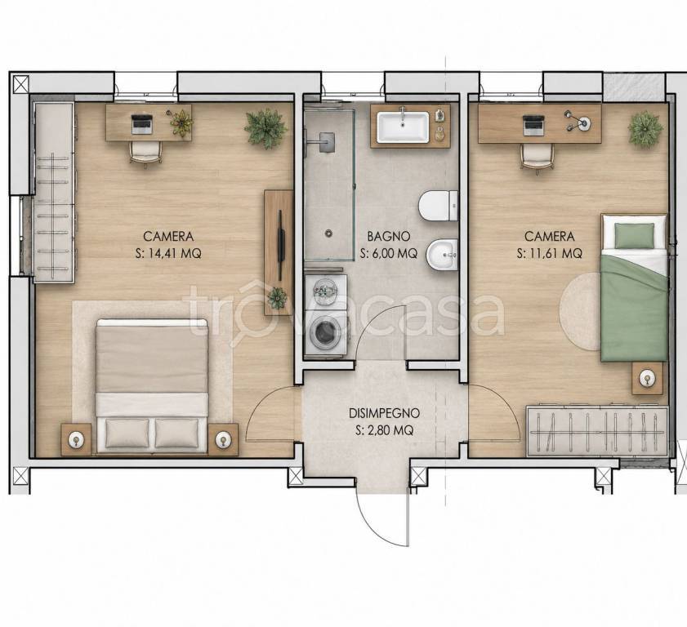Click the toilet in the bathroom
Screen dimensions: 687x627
point(439,206)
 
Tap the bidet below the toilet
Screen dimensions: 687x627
point(442,254)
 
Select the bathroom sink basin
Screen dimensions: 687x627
point(403,127)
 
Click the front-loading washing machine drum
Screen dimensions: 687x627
point(323,331)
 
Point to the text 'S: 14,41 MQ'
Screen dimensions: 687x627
point(168,254)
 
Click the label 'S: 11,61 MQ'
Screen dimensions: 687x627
point(550,254)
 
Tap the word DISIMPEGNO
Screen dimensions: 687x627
point(384,413)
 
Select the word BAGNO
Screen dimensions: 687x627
point(389,237)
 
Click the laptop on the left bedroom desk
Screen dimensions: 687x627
point(142,124)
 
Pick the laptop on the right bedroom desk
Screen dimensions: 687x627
point(533,125)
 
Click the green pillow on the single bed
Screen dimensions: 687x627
point(634,235)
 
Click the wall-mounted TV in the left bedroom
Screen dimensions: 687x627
point(280,245)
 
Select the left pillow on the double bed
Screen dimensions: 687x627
point(127,433)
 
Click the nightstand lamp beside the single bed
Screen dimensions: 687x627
point(647,378)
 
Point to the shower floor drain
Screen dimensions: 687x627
point(328,233)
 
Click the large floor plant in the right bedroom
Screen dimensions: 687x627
point(645,129)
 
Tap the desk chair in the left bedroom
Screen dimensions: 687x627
point(145,152)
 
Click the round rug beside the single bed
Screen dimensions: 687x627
point(581,311)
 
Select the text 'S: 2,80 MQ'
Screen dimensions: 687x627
point(384,430)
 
